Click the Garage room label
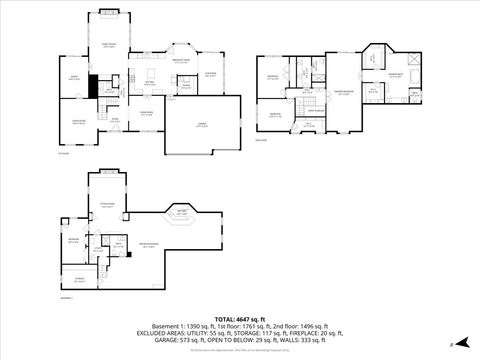pyautogui.click(x=202, y=125)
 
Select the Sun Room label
pyautogui.click(x=212, y=73)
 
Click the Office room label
pyautogui.click(x=73, y=77)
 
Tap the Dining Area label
pyautogui.click(x=145, y=113)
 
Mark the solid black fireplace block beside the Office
pyautogui.click(x=93, y=86)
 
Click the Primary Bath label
pyautogui.click(x=394, y=75)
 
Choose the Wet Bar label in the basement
pyautogui.click(x=181, y=211)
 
